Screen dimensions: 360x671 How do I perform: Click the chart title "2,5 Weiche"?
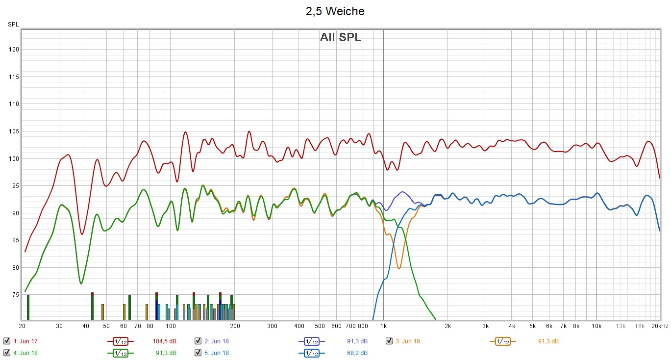coord(335,11)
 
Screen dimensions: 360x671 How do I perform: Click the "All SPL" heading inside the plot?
coord(341,37)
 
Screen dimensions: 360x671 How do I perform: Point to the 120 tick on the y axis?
coord(13,50)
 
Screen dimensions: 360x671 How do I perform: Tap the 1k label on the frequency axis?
coord(383,326)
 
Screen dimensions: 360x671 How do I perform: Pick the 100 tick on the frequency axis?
coord(171,326)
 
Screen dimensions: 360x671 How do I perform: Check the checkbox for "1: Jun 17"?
coord(7,341)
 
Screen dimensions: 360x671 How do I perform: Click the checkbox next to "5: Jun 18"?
coord(198,353)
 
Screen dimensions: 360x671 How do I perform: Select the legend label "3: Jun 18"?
coord(408,341)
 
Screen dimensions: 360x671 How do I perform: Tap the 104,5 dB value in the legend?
coord(164,341)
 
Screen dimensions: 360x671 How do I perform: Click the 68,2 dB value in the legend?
coord(357,353)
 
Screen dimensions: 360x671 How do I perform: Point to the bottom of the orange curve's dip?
coord(399,268)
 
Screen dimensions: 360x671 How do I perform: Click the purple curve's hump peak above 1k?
coord(402,192)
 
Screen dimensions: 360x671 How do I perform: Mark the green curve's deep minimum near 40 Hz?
coord(81,283)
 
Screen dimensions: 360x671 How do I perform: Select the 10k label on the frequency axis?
coord(596,326)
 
